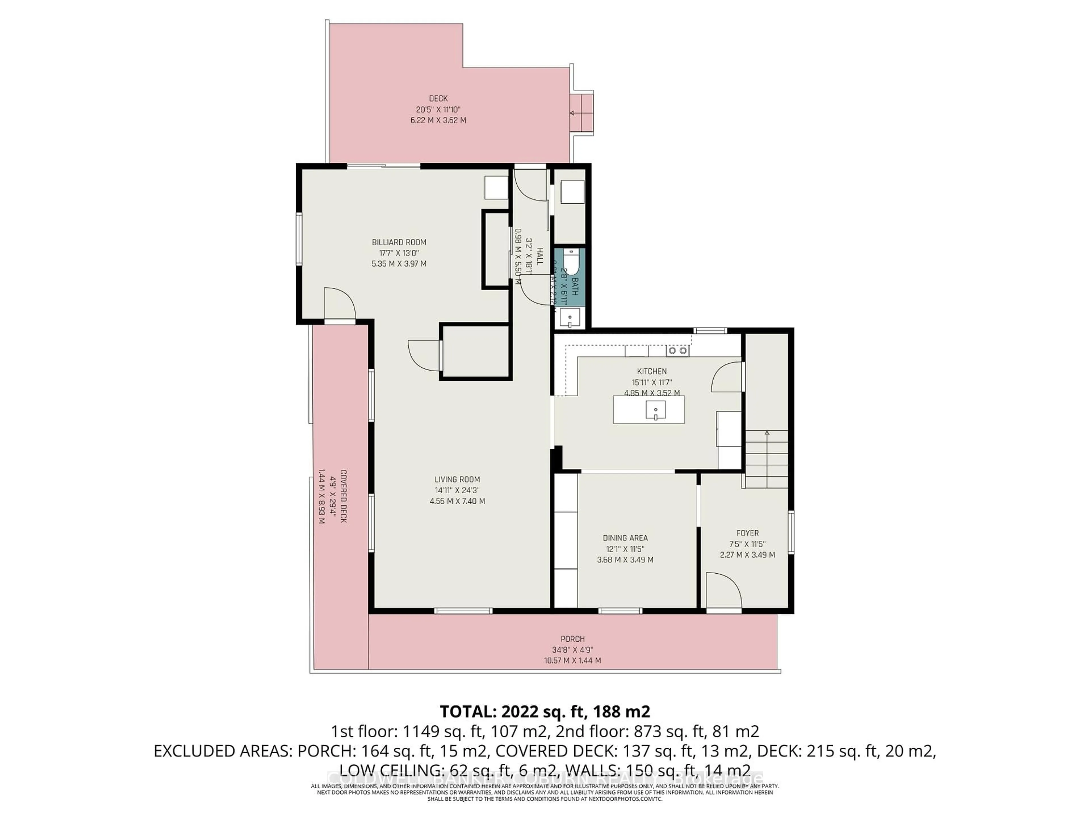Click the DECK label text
tap(438, 98)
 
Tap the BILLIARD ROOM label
tap(399, 242)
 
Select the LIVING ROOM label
tap(457, 479)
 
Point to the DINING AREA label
tap(625, 538)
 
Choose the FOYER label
tap(747, 533)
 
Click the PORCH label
tap(572, 639)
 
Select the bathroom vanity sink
tap(571, 318)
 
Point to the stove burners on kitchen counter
tap(678, 351)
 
